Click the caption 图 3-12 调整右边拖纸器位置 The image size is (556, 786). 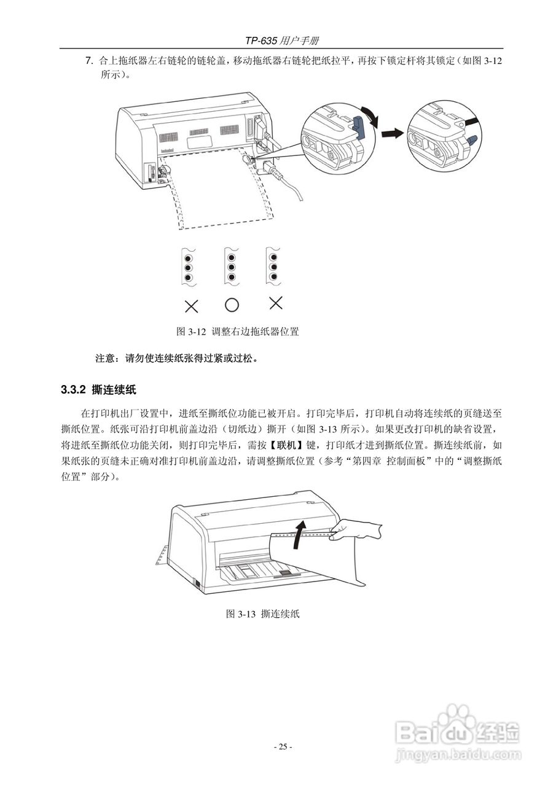click(x=237, y=332)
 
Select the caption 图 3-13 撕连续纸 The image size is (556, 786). click(x=263, y=613)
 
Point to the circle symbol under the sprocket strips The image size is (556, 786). click(x=232, y=304)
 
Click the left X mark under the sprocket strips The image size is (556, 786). click(x=192, y=305)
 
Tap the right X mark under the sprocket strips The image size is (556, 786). click(x=276, y=302)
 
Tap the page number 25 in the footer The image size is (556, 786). click(x=283, y=747)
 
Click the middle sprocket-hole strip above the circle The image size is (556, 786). click(x=232, y=267)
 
